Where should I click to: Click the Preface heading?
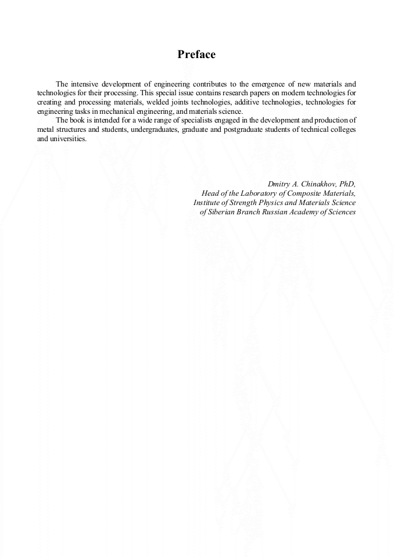(196, 55)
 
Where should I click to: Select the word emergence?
(267, 84)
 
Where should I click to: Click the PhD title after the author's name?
(347, 184)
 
